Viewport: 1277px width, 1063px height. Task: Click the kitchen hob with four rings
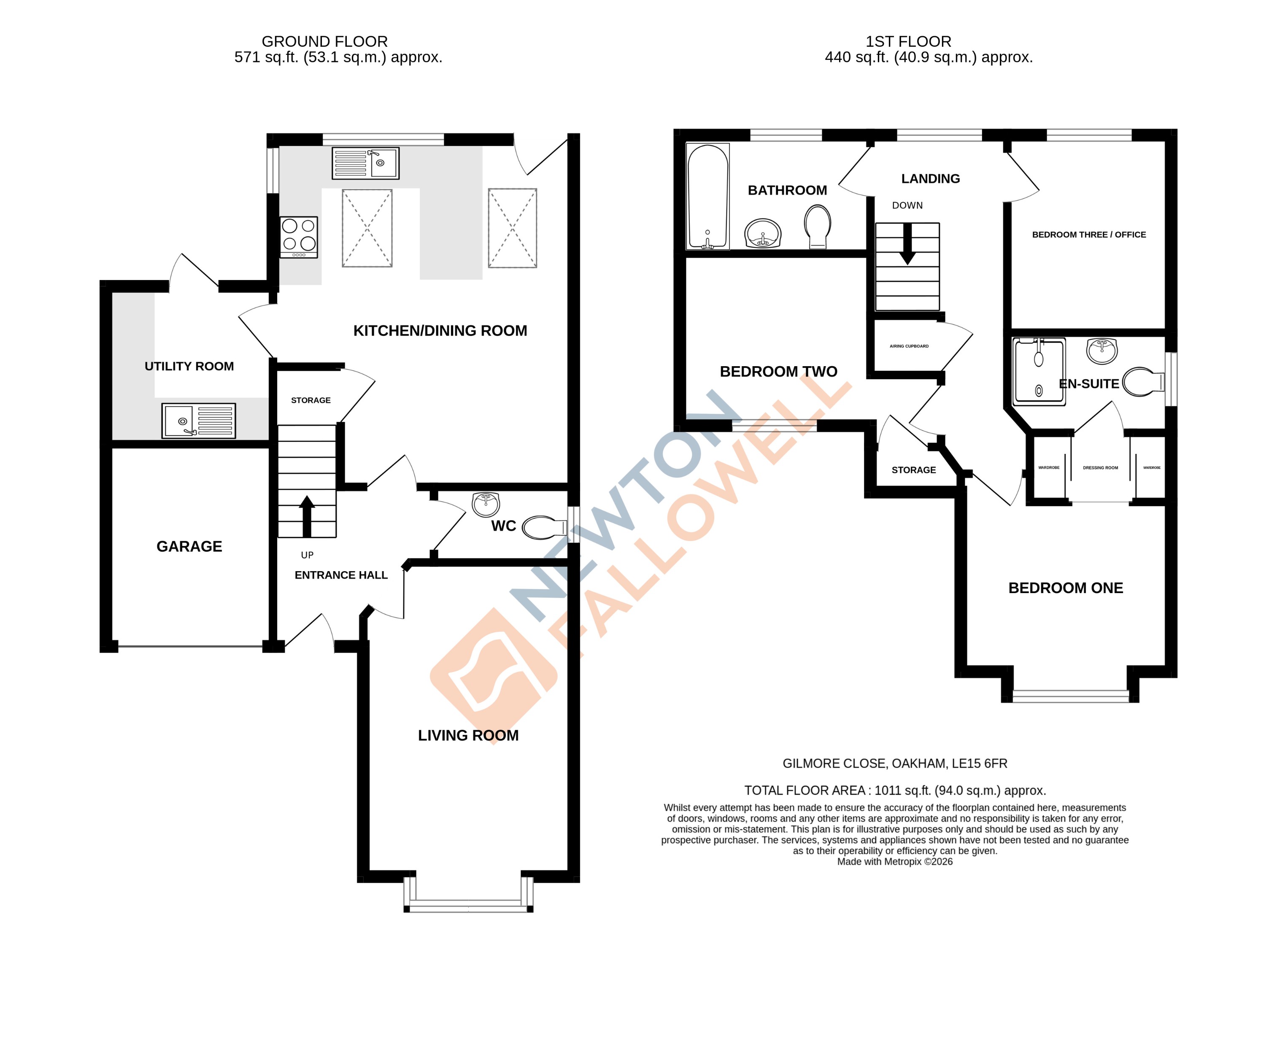(x=299, y=237)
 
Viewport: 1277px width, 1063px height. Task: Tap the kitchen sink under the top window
(x=365, y=163)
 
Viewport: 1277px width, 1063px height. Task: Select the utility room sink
(x=198, y=420)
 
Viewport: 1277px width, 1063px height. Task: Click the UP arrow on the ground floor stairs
(x=307, y=516)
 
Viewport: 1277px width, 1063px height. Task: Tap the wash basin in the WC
(x=485, y=504)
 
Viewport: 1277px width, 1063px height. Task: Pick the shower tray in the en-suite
(x=1039, y=372)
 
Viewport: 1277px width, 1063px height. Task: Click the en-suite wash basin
(x=1102, y=351)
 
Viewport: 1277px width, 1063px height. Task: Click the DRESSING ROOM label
(x=1100, y=468)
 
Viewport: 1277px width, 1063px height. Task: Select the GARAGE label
(x=189, y=546)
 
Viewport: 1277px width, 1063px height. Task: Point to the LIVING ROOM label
(x=468, y=735)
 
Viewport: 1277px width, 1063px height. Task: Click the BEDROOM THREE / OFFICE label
(x=1088, y=235)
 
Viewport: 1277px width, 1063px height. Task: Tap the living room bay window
(x=468, y=906)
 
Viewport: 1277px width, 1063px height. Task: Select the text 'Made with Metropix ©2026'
(x=894, y=862)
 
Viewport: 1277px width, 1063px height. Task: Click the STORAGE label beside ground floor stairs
(x=311, y=400)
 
